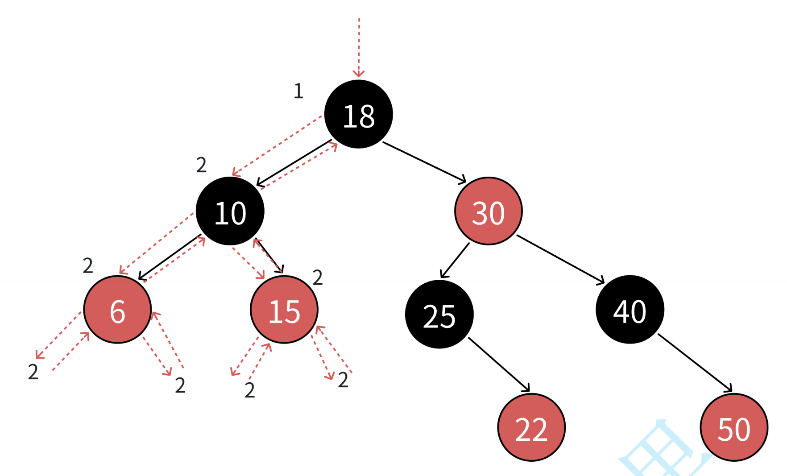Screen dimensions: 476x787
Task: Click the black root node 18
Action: (x=358, y=114)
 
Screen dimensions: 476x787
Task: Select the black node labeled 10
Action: (x=230, y=211)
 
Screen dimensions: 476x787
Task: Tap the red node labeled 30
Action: (x=488, y=211)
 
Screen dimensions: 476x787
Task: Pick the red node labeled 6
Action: (x=117, y=310)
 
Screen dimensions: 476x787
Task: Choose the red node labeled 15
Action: (x=284, y=310)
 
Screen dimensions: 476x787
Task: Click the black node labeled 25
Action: (x=439, y=315)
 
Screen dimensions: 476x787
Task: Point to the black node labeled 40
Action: (x=630, y=310)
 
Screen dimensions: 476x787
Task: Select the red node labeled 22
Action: (x=531, y=427)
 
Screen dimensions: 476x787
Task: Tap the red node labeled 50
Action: (x=734, y=427)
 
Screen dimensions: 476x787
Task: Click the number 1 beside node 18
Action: (x=298, y=91)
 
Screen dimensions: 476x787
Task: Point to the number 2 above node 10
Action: (x=201, y=165)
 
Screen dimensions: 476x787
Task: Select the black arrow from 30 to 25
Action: (x=455, y=261)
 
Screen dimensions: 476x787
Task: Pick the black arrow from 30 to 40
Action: (x=560, y=259)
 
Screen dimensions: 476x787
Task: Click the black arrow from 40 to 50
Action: (x=695, y=363)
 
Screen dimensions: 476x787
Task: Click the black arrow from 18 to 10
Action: (x=294, y=162)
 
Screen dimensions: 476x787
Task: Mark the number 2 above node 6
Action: (x=88, y=266)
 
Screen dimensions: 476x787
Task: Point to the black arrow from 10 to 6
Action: (x=170, y=257)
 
